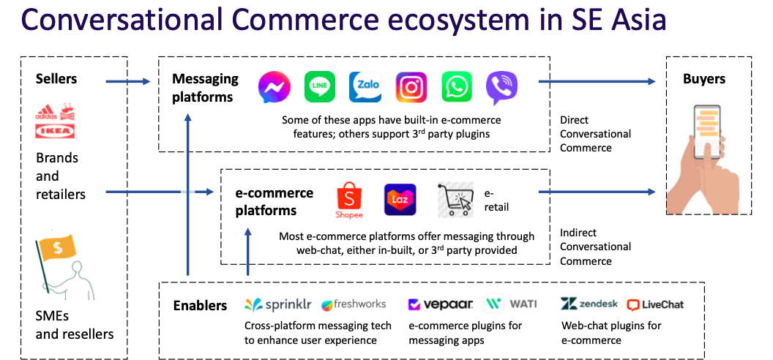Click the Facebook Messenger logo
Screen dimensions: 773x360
coord(274,87)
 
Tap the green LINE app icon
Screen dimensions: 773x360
coord(319,86)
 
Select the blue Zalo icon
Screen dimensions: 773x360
coord(365,86)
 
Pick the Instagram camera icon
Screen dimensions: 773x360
coord(411,86)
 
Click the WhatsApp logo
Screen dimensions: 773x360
coord(457,86)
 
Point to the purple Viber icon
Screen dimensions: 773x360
coord(502,88)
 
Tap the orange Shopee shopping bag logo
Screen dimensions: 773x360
coord(349,200)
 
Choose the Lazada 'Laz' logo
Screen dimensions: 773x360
coord(400,200)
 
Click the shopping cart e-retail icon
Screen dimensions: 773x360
coord(455,200)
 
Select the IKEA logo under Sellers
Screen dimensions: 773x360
coord(55,131)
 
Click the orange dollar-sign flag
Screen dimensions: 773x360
coord(58,248)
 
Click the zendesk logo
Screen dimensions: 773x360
coord(589,304)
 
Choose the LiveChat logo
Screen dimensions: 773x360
coord(655,305)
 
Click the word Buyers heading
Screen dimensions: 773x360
coord(704,79)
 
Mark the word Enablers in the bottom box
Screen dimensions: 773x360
coord(200,305)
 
